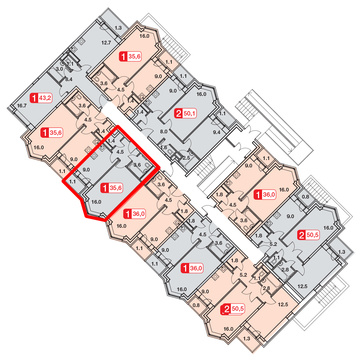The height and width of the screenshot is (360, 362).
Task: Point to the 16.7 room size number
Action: [21, 103]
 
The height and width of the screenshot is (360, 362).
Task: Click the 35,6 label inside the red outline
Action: [115, 186]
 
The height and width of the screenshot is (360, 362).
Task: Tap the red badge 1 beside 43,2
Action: [32, 97]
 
